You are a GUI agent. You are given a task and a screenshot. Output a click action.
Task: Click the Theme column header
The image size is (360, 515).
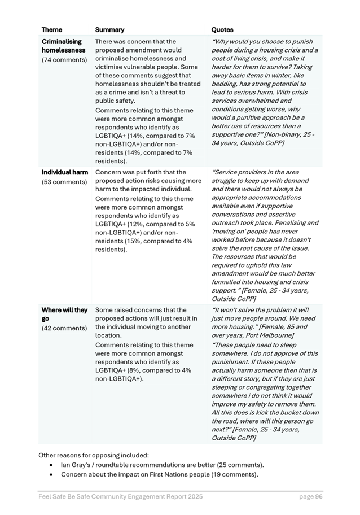52,30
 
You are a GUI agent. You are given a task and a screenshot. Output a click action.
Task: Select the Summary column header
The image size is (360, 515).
109,30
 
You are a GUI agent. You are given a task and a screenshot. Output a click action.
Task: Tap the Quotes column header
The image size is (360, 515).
222,30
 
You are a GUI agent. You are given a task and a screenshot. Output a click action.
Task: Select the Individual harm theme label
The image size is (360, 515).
65,172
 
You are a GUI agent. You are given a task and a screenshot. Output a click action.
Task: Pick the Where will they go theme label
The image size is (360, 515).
64,315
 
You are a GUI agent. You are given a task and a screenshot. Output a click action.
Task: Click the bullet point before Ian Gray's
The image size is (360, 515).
52,465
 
